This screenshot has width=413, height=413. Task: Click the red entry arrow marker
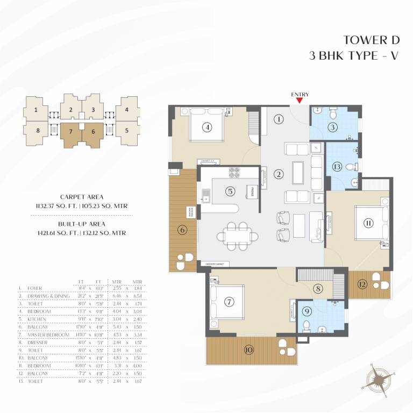click(x=300, y=99)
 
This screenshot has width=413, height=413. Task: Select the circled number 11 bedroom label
click(x=368, y=223)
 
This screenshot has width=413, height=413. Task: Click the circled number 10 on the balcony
click(x=248, y=350)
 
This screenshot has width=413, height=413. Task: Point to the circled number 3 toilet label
click(x=333, y=127)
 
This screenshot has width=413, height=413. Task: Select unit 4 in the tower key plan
click(x=126, y=111)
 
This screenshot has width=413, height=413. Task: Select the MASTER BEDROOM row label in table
click(x=48, y=334)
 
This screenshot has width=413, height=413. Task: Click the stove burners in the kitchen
click(x=234, y=173)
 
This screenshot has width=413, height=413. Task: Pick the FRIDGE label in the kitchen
click(x=250, y=191)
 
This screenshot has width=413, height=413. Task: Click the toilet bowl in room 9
click(x=306, y=325)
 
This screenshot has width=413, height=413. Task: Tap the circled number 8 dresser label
click(x=318, y=288)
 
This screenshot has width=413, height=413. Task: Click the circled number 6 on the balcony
click(x=182, y=230)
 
